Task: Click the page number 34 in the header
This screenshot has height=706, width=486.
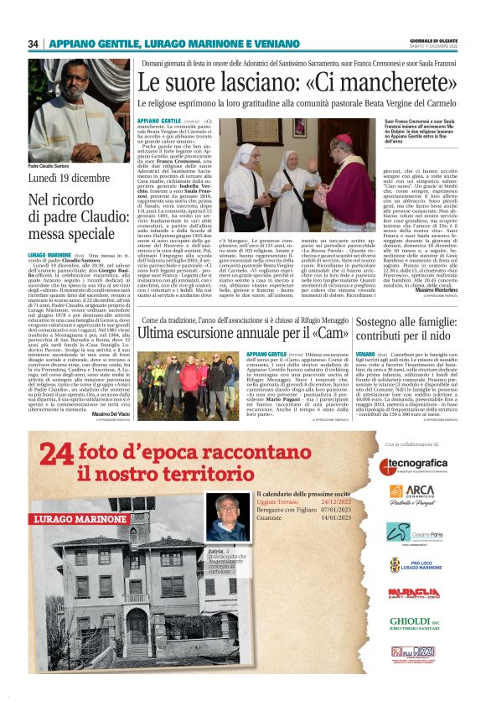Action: coord(34,44)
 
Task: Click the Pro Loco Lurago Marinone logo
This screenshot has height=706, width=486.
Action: coord(416,563)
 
